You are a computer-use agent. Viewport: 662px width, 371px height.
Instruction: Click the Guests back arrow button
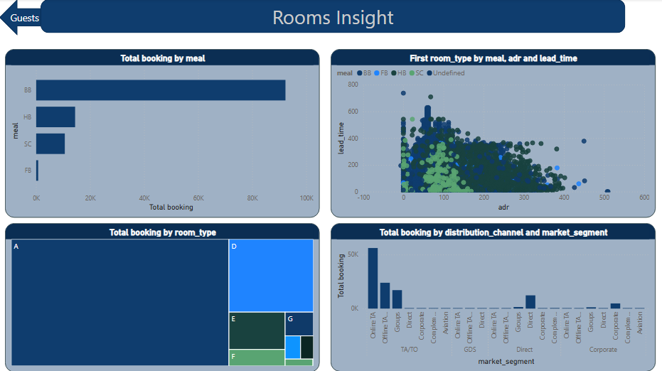21,18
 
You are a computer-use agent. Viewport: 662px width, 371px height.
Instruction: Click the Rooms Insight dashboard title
333,17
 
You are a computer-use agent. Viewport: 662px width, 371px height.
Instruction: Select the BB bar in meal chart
161,90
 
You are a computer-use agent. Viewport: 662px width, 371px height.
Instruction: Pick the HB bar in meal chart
55,117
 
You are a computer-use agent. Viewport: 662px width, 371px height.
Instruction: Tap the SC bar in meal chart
50,144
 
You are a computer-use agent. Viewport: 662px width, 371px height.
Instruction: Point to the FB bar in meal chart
37,171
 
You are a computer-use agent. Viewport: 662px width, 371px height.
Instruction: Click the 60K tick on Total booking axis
198,198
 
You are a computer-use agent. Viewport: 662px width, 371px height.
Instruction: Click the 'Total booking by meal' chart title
163,58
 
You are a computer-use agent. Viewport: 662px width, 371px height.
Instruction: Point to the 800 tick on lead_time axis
353,85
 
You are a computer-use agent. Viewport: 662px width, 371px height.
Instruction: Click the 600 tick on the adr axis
644,198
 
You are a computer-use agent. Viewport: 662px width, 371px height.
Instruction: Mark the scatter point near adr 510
607,191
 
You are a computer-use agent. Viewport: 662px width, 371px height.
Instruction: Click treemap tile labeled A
119,303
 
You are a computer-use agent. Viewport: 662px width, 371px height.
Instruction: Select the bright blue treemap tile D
271,275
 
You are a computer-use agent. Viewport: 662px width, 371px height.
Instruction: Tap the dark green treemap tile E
257,331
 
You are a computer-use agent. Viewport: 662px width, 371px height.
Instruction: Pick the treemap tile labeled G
299,323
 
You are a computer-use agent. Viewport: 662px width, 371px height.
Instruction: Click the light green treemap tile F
257,357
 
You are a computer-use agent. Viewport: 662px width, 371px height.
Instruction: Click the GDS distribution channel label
470,350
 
